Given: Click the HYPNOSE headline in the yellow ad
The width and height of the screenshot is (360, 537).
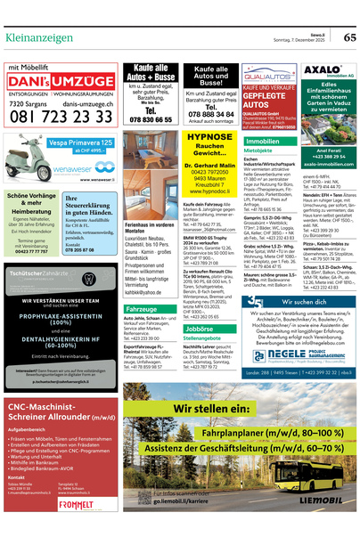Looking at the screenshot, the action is pos(210,137).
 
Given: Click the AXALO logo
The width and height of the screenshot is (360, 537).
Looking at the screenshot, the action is pos(322,69).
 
